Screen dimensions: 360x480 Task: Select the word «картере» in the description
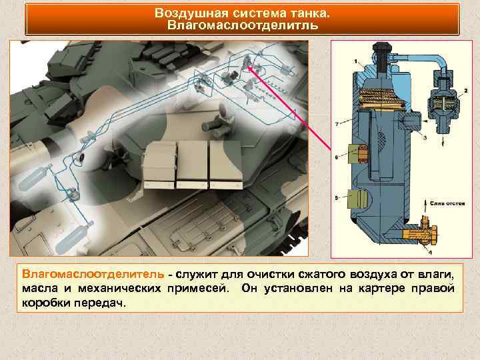(x=363, y=289)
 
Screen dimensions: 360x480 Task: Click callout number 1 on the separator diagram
(x=355, y=61)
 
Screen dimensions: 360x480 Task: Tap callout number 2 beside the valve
(x=465, y=90)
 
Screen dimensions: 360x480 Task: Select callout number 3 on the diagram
(x=425, y=137)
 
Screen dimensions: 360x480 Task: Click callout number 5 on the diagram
(x=337, y=198)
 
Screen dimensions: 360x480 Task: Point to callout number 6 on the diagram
(x=337, y=157)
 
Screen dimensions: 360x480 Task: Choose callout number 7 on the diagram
(x=337, y=123)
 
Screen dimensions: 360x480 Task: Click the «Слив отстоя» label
(x=445, y=203)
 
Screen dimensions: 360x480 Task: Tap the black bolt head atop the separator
(x=382, y=51)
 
